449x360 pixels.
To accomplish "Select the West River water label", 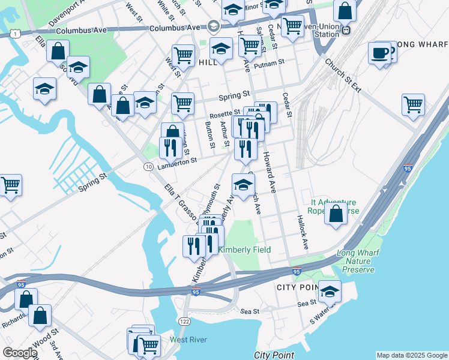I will coord(188,340).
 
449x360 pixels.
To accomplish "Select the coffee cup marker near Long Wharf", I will coord(379,53).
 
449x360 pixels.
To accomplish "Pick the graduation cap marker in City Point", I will coord(330,292).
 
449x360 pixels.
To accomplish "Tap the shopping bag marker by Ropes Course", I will coord(336,213).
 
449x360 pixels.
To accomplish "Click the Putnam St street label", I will coord(268,64).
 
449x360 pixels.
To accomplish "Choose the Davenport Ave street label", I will coord(67,13).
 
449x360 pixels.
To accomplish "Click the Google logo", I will coord(19,353).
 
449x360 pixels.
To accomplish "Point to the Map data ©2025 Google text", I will coord(411,355).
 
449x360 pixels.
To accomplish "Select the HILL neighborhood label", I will coord(208,62).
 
